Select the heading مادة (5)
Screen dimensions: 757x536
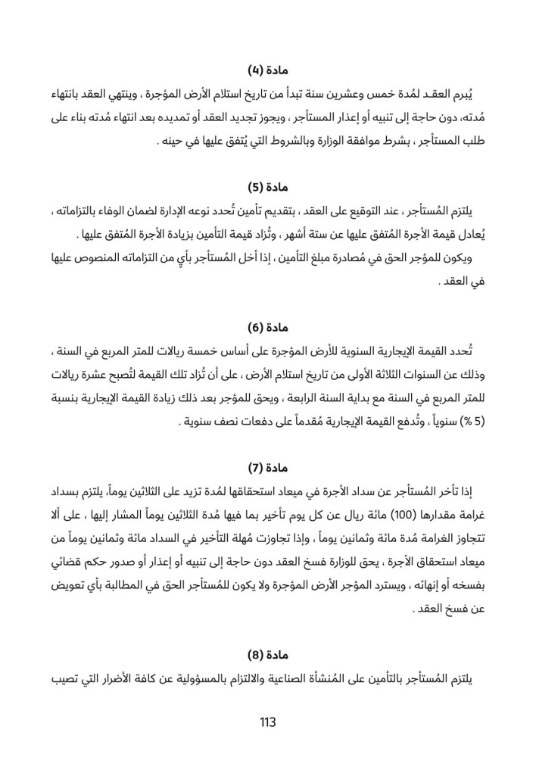267,186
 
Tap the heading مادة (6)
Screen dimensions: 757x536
267,328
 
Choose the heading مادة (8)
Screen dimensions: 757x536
267,654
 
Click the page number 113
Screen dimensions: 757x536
267,722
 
